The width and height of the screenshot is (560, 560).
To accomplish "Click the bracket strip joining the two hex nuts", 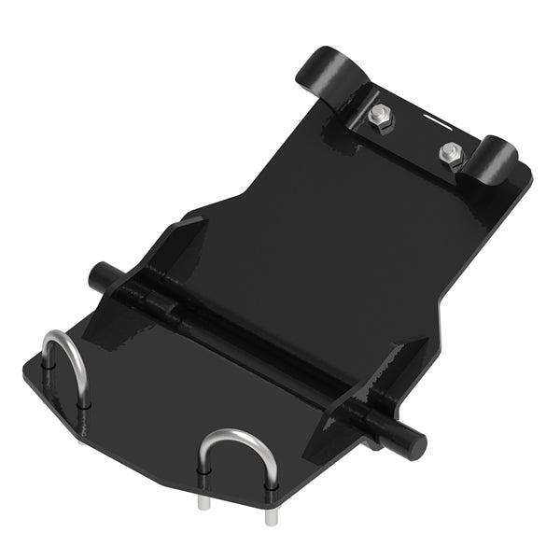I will (411, 135).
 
